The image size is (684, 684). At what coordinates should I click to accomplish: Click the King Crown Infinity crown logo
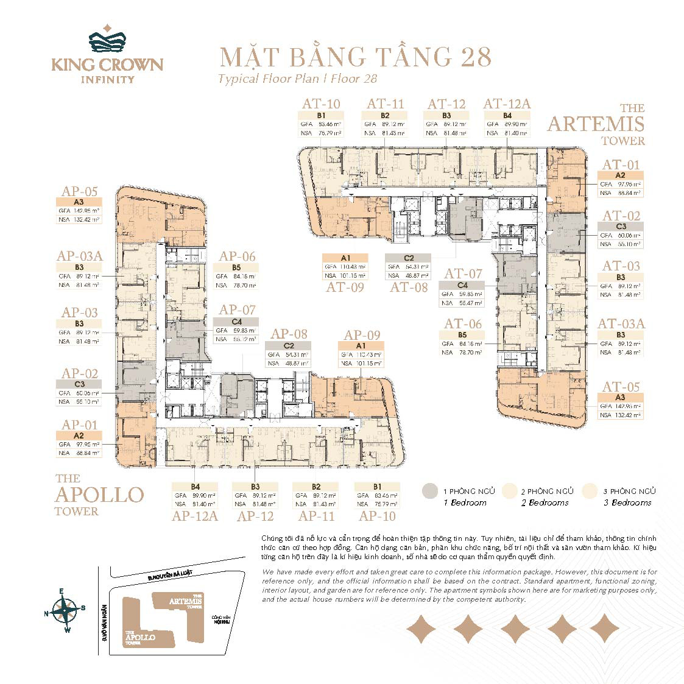[x=107, y=40]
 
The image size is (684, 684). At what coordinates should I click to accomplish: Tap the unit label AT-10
[x=321, y=104]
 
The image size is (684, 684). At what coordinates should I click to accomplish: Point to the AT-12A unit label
[x=507, y=104]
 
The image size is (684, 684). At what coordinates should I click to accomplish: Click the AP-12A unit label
[x=195, y=517]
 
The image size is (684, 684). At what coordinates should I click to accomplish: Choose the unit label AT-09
[x=345, y=287]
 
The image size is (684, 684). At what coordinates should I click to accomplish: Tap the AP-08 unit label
[x=289, y=334]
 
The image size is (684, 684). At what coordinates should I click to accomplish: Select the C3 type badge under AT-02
[x=621, y=226]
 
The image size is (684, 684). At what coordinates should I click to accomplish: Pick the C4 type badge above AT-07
[x=463, y=285]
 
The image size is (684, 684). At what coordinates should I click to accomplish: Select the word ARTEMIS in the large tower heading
[x=595, y=124]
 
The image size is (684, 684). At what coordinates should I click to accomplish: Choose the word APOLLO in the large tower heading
[x=99, y=495]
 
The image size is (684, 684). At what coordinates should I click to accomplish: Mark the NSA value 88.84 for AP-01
[x=88, y=453]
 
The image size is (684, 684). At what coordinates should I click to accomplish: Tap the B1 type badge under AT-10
[x=321, y=115]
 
